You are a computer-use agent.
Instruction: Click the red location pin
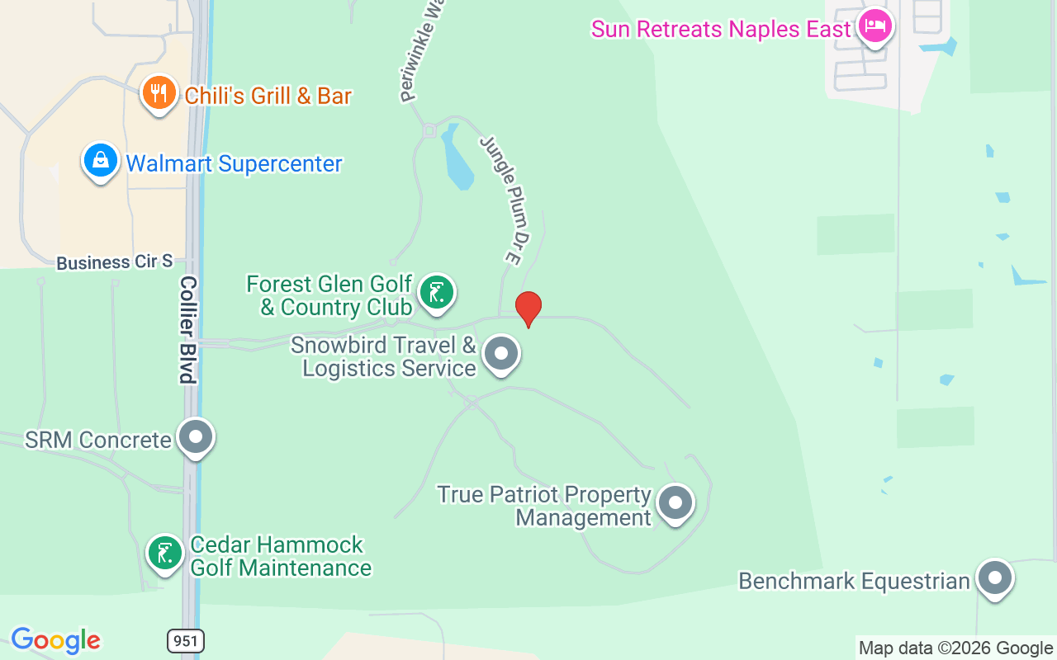(528, 309)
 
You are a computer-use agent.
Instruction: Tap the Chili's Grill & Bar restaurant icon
(159, 93)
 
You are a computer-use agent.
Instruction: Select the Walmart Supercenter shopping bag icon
(100, 160)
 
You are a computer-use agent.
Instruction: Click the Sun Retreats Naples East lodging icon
(875, 26)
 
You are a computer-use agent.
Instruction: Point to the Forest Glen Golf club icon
(436, 293)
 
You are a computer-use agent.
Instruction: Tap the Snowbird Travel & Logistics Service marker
(500, 353)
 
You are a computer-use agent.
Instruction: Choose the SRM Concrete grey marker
(196, 437)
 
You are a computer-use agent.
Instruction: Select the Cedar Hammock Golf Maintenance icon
(165, 553)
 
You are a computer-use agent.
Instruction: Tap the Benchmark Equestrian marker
(994, 578)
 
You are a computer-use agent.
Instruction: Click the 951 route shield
(185, 640)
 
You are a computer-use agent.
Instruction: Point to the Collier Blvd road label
(188, 330)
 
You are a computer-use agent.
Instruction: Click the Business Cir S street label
(114, 262)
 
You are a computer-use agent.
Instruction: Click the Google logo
(55, 640)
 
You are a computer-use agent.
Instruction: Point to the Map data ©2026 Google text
(955, 648)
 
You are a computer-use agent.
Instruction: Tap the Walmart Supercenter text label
(234, 163)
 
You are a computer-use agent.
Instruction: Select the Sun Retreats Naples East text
(720, 30)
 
